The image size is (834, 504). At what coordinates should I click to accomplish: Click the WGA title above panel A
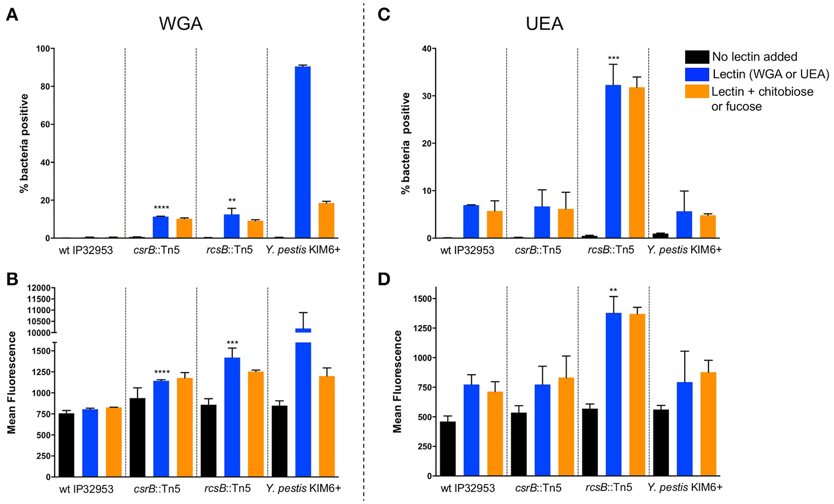(x=181, y=24)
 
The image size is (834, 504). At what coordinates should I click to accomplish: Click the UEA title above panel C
(x=544, y=24)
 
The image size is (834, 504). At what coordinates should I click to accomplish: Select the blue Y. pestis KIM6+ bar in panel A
(x=302, y=152)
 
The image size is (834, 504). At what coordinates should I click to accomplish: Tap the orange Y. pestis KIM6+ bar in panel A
(x=326, y=220)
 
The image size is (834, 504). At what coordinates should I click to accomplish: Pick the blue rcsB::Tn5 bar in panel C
(x=613, y=161)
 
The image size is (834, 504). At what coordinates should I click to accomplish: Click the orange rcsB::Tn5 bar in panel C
(x=637, y=162)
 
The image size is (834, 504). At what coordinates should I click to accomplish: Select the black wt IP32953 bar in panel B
(x=66, y=445)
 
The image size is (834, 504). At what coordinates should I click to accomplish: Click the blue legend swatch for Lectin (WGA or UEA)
(x=697, y=74)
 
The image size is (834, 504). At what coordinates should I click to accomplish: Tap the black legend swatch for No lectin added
(x=697, y=57)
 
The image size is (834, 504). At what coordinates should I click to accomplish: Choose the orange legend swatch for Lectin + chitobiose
(x=697, y=91)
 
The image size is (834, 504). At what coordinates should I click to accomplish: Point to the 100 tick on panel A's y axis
(x=43, y=49)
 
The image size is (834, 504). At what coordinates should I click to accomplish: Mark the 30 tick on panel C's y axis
(x=426, y=96)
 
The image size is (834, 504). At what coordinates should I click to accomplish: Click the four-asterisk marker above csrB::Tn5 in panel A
(x=161, y=208)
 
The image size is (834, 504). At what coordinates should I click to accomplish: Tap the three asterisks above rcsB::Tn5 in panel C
(x=614, y=58)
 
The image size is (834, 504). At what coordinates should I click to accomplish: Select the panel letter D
(x=384, y=280)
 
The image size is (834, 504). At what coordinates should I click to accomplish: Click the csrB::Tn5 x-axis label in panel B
(x=157, y=489)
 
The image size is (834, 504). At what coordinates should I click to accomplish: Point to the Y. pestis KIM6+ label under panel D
(x=685, y=488)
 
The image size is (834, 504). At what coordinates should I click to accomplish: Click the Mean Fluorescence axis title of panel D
(x=398, y=382)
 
